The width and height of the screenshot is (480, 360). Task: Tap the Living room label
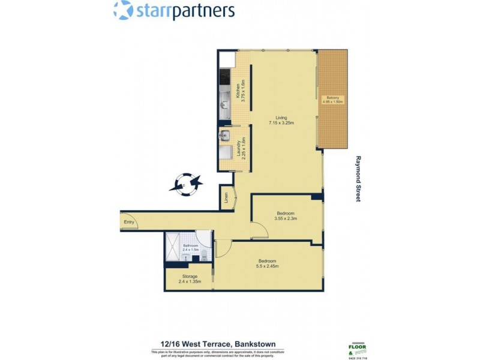coord(281,118)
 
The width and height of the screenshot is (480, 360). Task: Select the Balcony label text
coord(332,98)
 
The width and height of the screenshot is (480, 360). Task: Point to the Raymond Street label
coord(358,179)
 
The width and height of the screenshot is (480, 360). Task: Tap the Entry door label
coord(129,222)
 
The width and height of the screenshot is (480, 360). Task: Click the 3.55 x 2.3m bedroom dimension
coord(285,219)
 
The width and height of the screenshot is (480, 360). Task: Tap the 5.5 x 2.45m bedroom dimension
coord(267,266)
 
